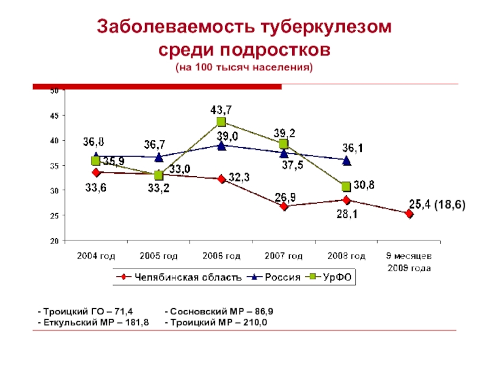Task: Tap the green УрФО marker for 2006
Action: tap(221, 122)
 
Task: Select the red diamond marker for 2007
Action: tap(284, 207)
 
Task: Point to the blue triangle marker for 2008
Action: tap(346, 161)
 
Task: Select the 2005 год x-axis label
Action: tap(158, 255)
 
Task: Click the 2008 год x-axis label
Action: tap(346, 255)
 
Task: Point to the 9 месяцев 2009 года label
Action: tap(409, 261)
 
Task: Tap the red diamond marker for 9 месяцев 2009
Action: tap(409, 214)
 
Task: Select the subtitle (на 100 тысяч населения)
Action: tap(244, 67)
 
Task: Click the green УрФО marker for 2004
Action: tap(96, 161)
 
